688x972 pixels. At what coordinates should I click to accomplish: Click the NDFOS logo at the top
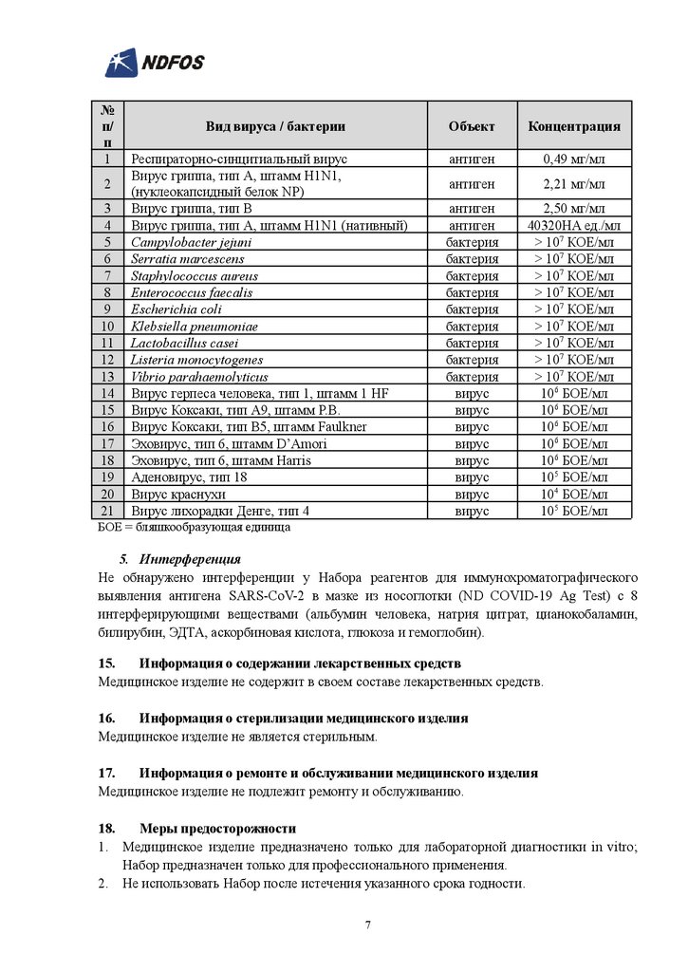(x=155, y=64)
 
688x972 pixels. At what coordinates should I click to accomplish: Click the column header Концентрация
(x=574, y=125)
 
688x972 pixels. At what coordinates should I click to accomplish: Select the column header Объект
(x=472, y=125)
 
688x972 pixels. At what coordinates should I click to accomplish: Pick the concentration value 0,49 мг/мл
(x=574, y=159)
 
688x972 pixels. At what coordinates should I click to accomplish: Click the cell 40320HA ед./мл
(x=574, y=225)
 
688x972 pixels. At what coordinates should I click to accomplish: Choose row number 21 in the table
(x=109, y=511)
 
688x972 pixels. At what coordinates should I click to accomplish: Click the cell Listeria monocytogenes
(x=197, y=360)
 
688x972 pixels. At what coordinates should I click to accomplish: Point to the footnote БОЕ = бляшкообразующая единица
(x=195, y=526)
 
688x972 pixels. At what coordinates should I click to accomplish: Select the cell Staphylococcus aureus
(x=195, y=275)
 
